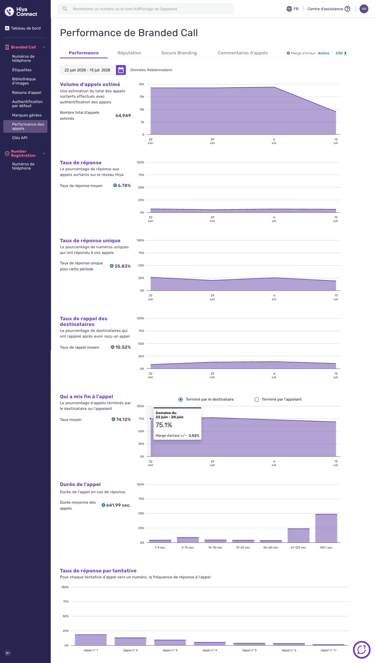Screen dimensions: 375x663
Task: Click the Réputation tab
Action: (x=129, y=53)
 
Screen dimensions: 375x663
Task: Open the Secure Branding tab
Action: (x=179, y=53)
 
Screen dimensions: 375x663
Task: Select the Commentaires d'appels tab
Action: (x=243, y=53)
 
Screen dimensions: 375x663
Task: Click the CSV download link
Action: (x=341, y=53)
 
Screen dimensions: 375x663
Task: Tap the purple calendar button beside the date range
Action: (x=121, y=70)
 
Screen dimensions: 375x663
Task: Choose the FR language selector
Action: (x=293, y=9)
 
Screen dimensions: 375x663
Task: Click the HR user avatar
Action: (x=364, y=9)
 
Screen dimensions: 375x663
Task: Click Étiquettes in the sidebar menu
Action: (x=22, y=70)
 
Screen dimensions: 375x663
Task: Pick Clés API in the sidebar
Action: (x=20, y=138)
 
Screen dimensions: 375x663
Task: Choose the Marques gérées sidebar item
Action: (x=27, y=115)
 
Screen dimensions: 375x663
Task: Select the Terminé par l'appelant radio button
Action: (x=257, y=399)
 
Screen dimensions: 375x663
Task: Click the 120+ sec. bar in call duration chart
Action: (x=326, y=528)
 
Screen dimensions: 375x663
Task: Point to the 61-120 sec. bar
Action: (x=299, y=535)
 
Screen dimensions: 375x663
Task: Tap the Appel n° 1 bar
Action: (x=91, y=640)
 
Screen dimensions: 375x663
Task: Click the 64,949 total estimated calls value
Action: (x=123, y=115)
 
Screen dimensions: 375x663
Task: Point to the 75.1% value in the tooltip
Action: (x=164, y=425)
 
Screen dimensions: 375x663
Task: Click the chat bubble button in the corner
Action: (x=361, y=649)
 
